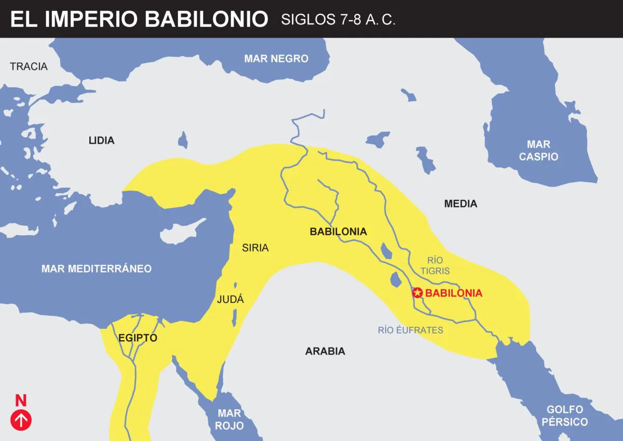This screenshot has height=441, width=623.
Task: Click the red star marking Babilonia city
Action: tap(418, 293)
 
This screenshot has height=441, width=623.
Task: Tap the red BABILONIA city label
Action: tap(454, 293)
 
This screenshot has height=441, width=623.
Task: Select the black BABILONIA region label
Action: tap(338, 232)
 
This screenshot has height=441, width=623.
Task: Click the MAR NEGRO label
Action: tap(276, 59)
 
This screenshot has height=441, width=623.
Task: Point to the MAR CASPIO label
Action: tap(538, 150)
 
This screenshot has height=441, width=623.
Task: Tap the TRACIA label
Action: tap(29, 66)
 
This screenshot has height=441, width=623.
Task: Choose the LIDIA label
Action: tap(101, 140)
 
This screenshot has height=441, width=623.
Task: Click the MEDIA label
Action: tap(461, 204)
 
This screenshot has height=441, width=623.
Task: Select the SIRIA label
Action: tap(255, 248)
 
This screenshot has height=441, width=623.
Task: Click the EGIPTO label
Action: tap(138, 338)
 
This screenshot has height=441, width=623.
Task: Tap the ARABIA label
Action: tap(325, 351)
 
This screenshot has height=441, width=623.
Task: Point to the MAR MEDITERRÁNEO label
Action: tap(97, 269)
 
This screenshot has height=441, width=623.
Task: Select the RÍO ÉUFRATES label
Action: tap(411, 330)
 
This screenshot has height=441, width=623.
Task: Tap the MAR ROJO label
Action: tap(229, 419)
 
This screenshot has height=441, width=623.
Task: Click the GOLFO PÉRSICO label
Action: tap(564, 416)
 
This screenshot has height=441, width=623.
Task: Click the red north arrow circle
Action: tap(21, 420)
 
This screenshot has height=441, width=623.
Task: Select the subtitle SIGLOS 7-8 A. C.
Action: tap(338, 20)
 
